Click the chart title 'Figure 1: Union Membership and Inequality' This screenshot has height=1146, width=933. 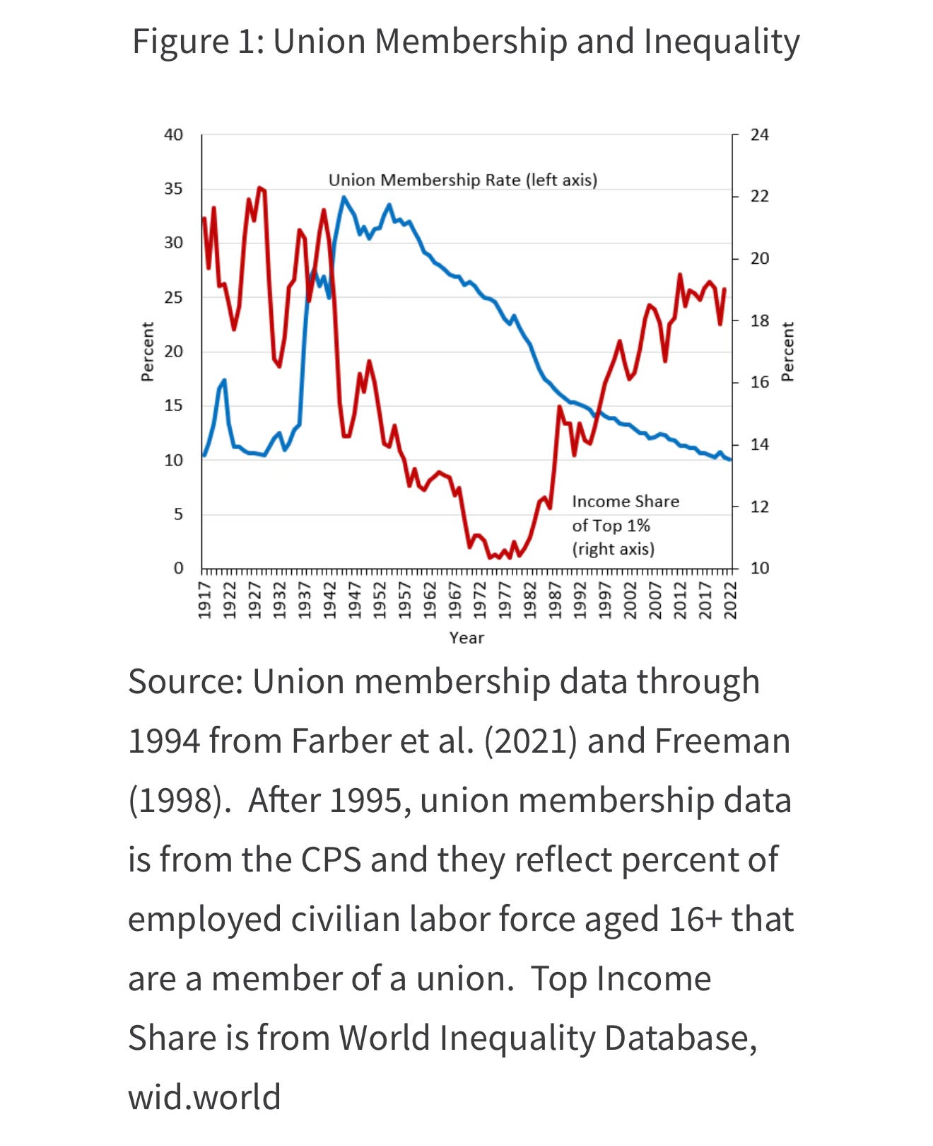[x=466, y=42]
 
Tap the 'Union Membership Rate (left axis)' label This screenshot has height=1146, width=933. [x=463, y=180]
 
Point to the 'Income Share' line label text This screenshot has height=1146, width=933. [x=626, y=502]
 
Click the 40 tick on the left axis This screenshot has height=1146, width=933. [x=173, y=134]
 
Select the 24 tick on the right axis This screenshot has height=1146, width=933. [x=759, y=134]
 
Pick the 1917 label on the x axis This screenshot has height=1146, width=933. [x=204, y=599]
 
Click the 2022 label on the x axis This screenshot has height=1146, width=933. [x=731, y=599]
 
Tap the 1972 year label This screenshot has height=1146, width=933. [x=480, y=599]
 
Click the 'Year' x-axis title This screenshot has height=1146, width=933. [x=466, y=638]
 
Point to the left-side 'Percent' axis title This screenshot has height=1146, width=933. [x=148, y=352]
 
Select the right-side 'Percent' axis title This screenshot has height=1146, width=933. [x=787, y=352]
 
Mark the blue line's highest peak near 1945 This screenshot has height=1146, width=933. [x=344, y=197]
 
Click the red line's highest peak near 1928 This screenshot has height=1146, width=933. [x=259, y=187]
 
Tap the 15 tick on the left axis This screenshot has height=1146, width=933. [x=173, y=405]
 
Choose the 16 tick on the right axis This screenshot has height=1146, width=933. [x=759, y=382]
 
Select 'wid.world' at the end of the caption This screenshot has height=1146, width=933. [x=204, y=1097]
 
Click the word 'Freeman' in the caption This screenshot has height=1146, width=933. [x=722, y=741]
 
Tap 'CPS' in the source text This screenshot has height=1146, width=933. [x=331, y=860]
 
